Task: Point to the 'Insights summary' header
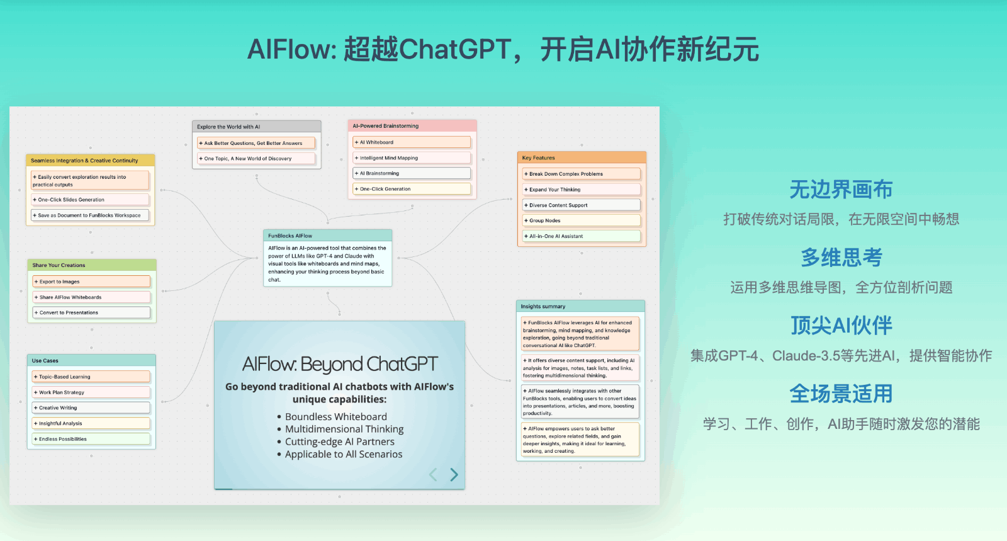tap(543, 307)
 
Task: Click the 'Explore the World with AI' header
tap(228, 127)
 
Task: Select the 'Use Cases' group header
tap(45, 361)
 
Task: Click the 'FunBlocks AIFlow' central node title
tap(290, 236)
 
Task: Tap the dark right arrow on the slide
tap(454, 474)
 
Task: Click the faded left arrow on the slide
tap(433, 474)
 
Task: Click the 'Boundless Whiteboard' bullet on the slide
tap(335, 417)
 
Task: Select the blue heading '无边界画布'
tap(841, 190)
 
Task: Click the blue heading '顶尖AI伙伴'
tap(841, 326)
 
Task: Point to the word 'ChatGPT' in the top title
tap(454, 49)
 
